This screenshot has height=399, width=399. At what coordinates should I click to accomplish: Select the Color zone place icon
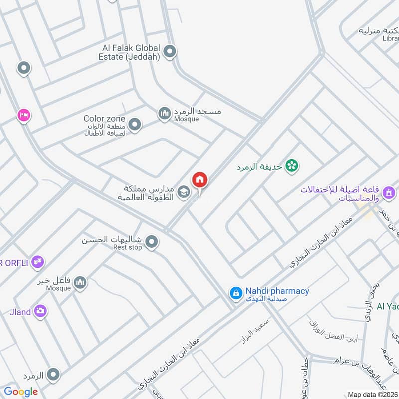[x=134, y=124]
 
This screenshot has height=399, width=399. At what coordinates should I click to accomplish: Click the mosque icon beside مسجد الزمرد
[x=165, y=114]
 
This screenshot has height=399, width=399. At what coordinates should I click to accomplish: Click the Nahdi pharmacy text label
[x=277, y=291]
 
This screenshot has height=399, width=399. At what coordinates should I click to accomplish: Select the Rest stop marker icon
[x=152, y=243]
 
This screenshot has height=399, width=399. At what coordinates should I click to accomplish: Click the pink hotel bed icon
[x=23, y=116]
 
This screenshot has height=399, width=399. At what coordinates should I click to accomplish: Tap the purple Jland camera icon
[x=40, y=312]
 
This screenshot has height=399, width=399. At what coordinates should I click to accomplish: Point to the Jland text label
[x=19, y=312]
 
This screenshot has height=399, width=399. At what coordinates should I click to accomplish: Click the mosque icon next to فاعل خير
[x=80, y=284]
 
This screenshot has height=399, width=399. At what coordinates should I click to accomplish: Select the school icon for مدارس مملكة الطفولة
[x=184, y=192]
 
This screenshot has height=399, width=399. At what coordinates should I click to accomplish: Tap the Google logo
[x=21, y=392]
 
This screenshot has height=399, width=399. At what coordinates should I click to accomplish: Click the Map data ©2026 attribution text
[x=373, y=394]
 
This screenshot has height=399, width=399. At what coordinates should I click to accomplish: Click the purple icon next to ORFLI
[x=37, y=262]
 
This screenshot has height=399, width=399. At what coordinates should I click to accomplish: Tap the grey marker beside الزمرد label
[x=53, y=374]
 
